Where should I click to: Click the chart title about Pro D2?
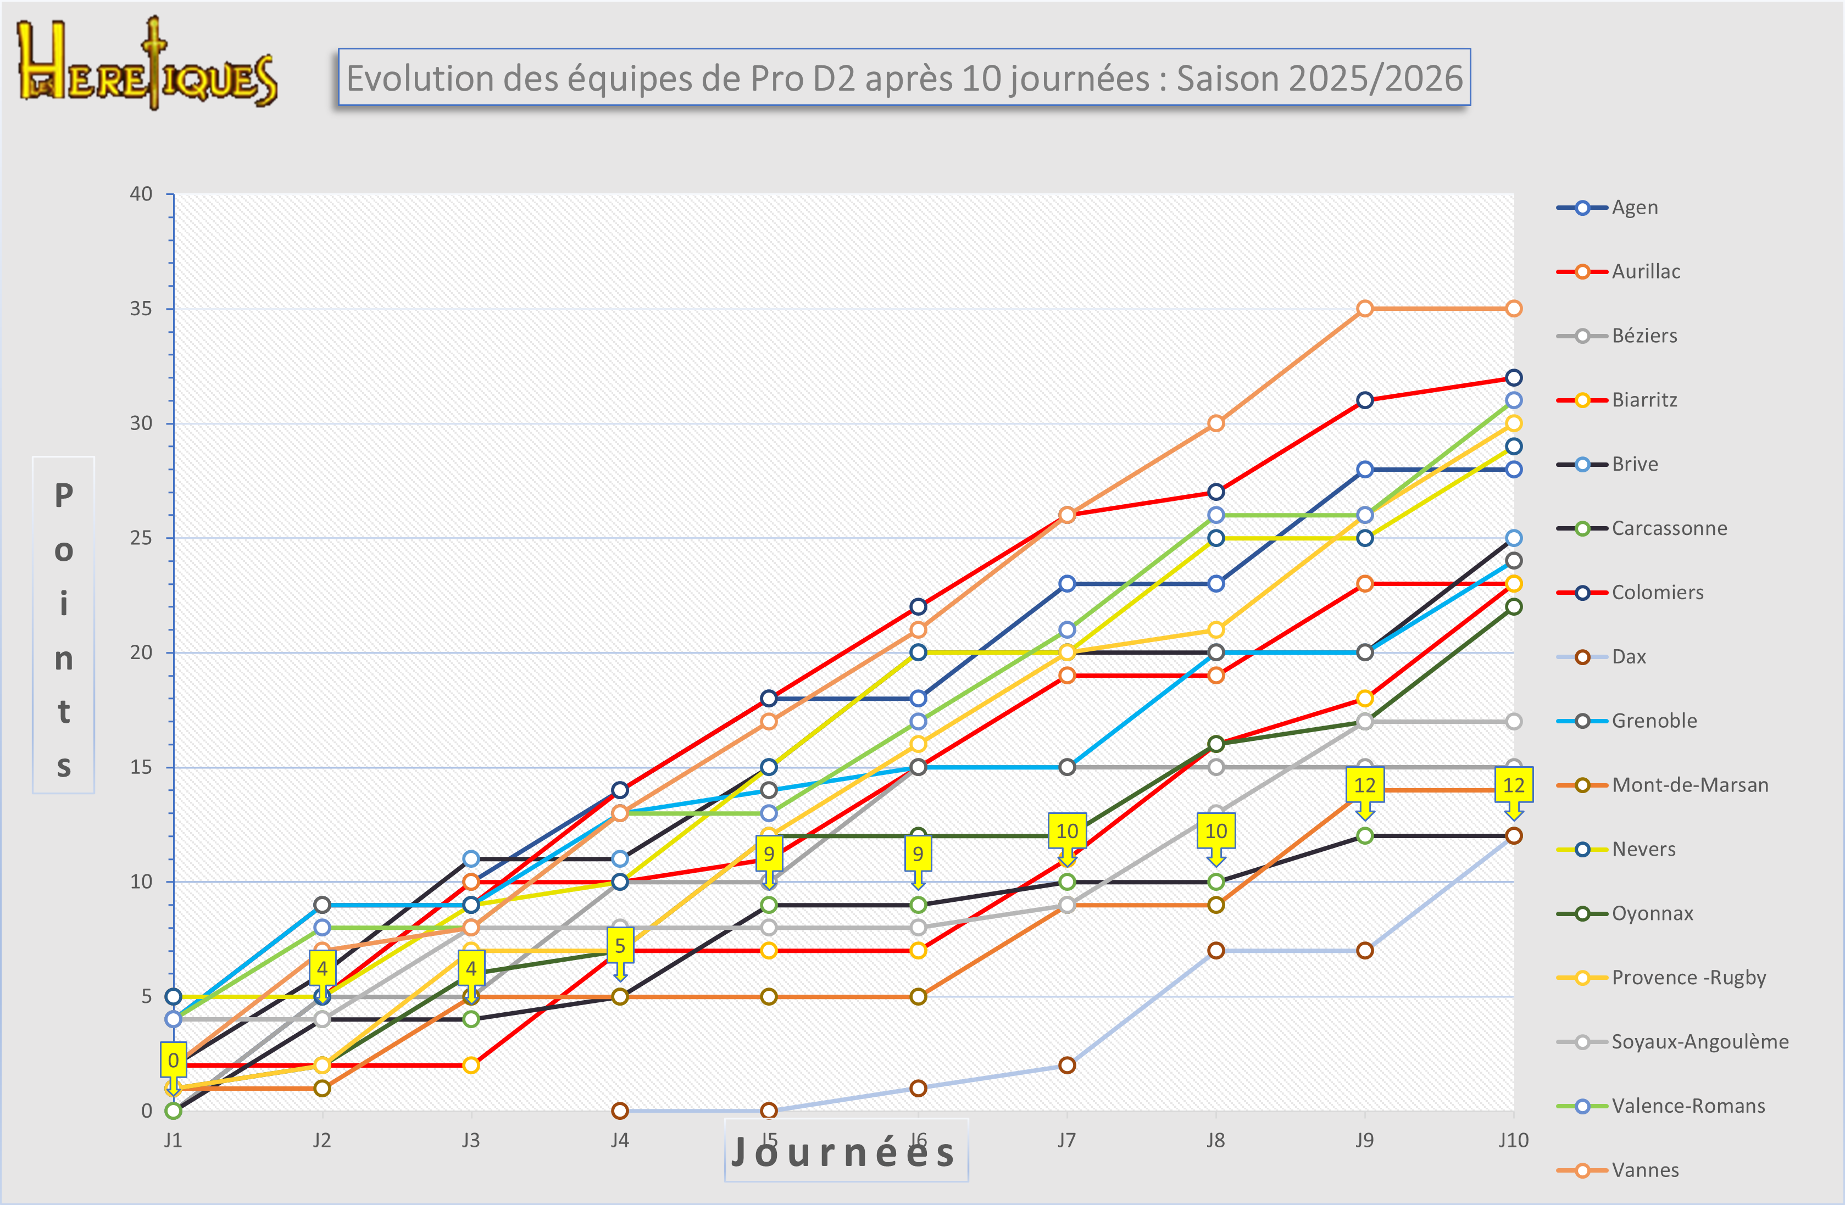(x=904, y=77)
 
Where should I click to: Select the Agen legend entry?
(x=1634, y=208)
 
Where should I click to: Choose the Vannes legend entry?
(x=1644, y=1170)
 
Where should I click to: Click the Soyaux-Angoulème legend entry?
(x=1699, y=1041)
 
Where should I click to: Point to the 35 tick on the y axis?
(x=141, y=309)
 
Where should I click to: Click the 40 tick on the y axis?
(x=141, y=194)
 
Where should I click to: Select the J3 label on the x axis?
(x=470, y=1140)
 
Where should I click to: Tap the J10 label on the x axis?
(x=1513, y=1140)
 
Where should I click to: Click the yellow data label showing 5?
(x=619, y=945)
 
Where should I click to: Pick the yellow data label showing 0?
(x=173, y=1060)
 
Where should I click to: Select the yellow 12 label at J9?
(x=1364, y=785)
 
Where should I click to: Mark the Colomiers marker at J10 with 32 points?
(x=1513, y=377)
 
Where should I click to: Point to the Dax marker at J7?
(x=1066, y=1065)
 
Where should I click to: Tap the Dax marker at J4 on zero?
(x=619, y=1111)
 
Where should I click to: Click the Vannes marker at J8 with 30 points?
(x=1215, y=423)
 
